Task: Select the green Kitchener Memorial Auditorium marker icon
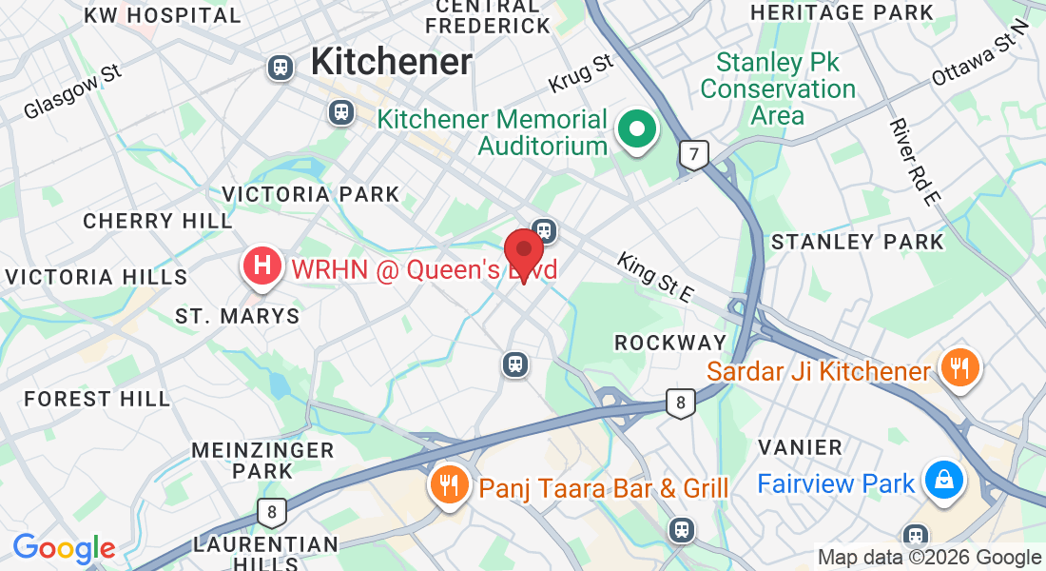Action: (x=635, y=128)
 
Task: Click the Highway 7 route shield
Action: (x=694, y=154)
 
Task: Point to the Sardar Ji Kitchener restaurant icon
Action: (x=959, y=366)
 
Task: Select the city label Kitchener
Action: (x=391, y=62)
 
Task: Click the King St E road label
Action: (x=653, y=277)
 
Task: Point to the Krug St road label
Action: (x=581, y=73)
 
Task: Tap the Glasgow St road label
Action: (x=74, y=91)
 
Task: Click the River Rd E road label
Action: (x=915, y=161)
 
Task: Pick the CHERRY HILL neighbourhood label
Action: (x=157, y=221)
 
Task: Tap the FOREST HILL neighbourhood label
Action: (x=97, y=399)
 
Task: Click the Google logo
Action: (x=64, y=548)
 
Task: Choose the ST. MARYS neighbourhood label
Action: (x=238, y=316)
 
